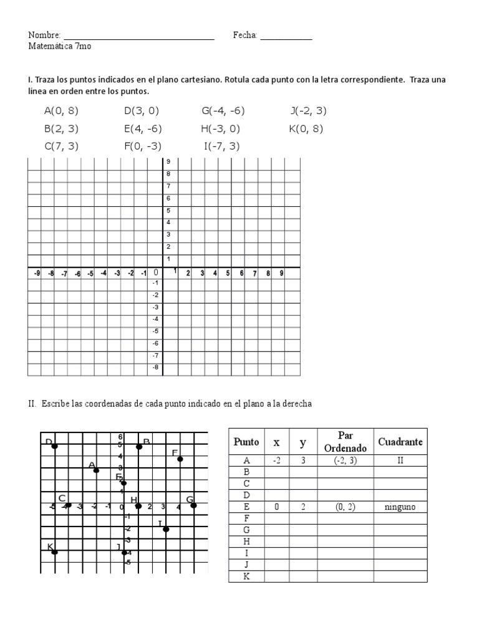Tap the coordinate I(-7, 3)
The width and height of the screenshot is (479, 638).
(221, 146)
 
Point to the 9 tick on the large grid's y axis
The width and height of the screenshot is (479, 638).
(168, 162)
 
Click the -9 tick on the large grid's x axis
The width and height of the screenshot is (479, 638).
(37, 274)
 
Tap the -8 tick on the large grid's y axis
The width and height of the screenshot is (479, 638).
(155, 368)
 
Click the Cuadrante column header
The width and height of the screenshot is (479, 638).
(400, 442)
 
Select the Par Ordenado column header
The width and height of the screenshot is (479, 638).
(346, 442)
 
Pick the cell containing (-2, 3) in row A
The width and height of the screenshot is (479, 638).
(346, 461)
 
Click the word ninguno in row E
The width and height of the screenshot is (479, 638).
(400, 507)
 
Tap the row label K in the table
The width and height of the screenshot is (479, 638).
(246, 576)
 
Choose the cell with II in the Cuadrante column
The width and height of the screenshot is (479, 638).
(400, 461)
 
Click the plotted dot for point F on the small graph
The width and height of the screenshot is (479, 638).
(180, 459)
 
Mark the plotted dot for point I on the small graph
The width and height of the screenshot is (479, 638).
(166, 529)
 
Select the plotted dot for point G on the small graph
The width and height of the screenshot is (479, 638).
(193, 505)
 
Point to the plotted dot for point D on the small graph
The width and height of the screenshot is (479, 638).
(55, 446)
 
